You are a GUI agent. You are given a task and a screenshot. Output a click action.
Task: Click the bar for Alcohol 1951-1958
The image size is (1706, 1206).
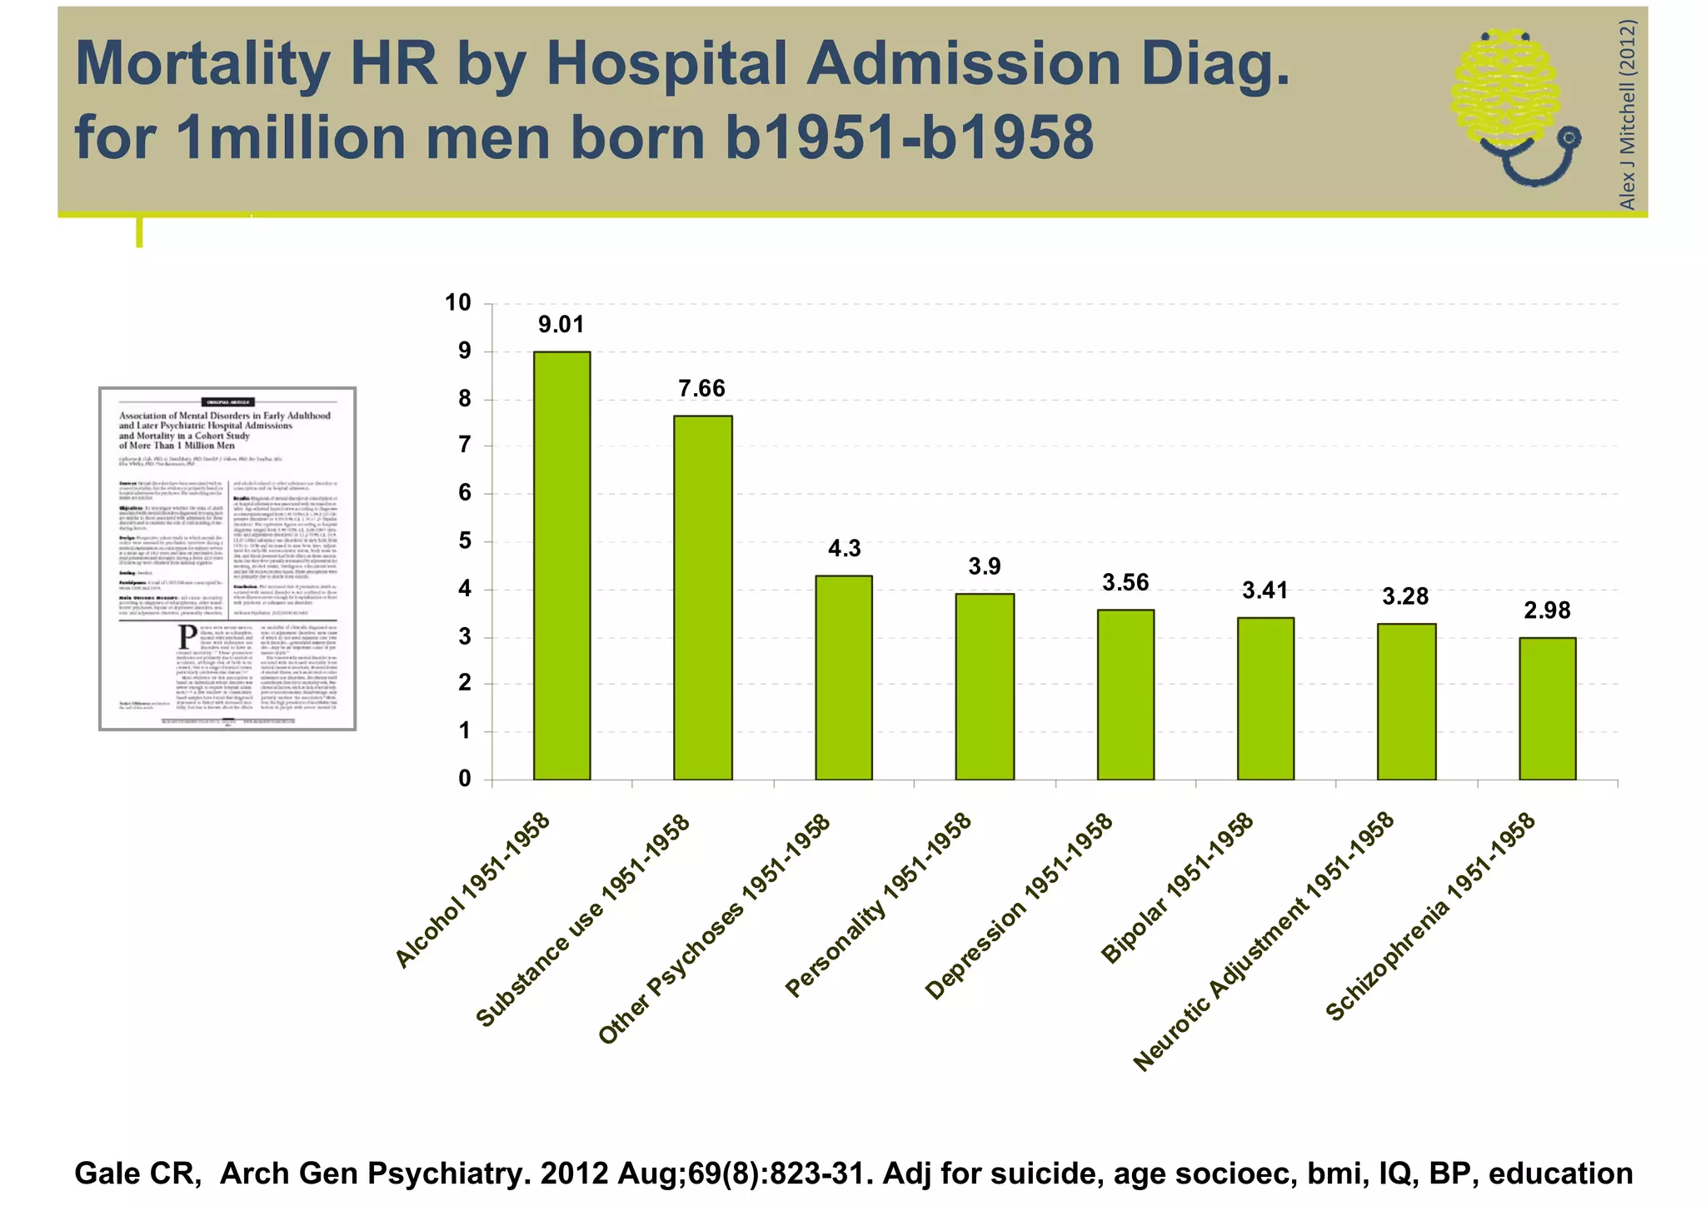coord(561,566)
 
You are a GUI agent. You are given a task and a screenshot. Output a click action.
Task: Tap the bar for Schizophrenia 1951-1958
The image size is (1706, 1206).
coord(1547,708)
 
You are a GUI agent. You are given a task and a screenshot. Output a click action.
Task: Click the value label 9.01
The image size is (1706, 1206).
coord(561,325)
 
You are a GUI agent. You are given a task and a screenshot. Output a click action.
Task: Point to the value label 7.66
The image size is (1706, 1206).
coord(701,388)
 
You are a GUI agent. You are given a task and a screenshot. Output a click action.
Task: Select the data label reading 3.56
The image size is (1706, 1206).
coord(1125,583)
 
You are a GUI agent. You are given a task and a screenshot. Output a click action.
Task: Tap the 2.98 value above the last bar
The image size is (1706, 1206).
coord(1547,610)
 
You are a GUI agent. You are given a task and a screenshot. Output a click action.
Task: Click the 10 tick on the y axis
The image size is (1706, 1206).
coord(458,302)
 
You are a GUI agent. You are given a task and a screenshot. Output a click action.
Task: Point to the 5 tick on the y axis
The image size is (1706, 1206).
coord(465,541)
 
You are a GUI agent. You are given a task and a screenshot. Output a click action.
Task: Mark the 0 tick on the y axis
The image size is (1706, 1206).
coord(465,779)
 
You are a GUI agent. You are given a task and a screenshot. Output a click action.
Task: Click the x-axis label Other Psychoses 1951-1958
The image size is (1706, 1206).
coord(715,929)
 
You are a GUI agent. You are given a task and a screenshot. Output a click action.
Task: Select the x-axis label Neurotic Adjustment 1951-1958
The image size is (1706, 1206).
coord(1264,941)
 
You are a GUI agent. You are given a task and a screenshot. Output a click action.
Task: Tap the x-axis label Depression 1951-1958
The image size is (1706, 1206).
coord(1019,906)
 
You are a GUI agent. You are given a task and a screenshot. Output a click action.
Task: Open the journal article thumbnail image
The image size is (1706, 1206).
coord(227,559)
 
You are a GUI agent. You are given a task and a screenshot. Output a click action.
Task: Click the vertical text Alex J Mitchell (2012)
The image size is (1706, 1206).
coord(1627,114)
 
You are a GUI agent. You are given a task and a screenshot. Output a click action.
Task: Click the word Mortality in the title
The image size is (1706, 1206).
coord(202,64)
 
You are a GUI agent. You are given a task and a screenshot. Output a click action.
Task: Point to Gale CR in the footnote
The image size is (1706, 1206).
coord(137,1173)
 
